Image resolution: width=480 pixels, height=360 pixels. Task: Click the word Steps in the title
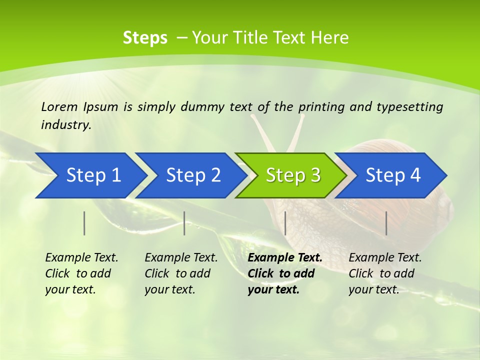[145, 38]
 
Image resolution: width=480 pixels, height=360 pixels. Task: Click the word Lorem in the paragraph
[59, 106]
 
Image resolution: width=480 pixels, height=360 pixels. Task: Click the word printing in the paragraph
[321, 106]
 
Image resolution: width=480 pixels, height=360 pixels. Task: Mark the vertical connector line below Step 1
[84, 223]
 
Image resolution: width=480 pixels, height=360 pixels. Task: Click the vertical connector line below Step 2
[184, 223]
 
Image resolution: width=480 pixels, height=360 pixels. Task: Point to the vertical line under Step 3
[285, 223]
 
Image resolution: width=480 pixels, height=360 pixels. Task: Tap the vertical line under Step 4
[386, 223]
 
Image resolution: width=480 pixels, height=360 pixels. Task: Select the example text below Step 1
[81, 273]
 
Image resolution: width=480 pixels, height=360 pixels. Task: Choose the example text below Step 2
[181, 273]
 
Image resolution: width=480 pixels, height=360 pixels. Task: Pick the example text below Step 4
[385, 273]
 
